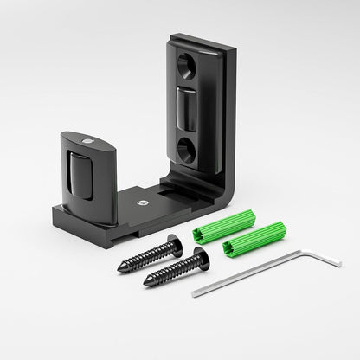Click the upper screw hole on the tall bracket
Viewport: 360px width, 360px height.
click(188, 64)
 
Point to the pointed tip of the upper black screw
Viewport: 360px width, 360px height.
click(119, 270)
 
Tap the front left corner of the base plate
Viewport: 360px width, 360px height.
click(55, 215)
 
